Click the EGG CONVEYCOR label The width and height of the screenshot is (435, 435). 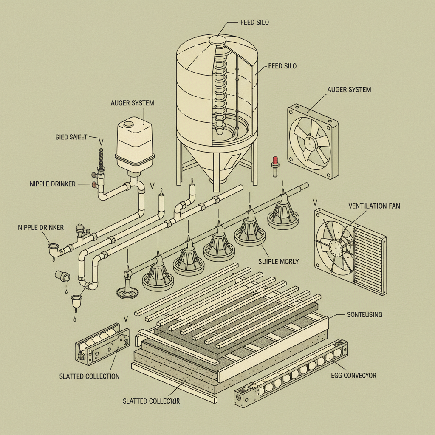coord(353,376)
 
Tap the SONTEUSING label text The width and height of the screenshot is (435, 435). coord(364,315)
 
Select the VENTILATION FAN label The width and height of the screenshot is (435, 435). coord(374,206)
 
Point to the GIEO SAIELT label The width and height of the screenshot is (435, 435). coord(71,137)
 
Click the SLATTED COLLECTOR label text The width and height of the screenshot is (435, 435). coord(151,401)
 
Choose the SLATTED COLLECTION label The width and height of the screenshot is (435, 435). coord(90,376)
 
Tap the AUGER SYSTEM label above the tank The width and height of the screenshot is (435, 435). coord(132,103)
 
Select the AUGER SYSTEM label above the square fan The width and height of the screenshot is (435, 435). coord(349,90)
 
